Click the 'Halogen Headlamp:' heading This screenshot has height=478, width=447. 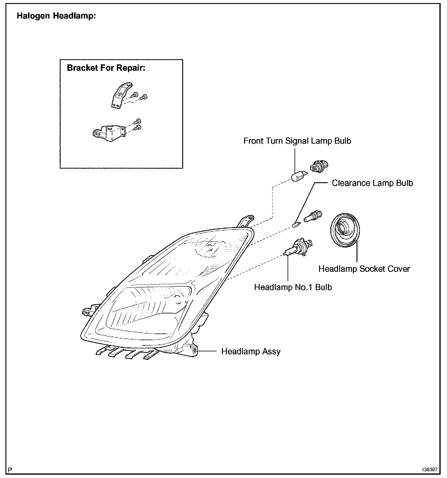(x=56, y=16)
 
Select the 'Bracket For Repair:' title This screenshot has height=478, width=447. (x=106, y=68)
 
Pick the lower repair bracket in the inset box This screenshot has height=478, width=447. (x=109, y=133)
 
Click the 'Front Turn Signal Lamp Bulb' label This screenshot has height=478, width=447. (x=297, y=141)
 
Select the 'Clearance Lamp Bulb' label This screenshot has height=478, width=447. (x=372, y=183)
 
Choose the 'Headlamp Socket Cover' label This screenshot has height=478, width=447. (x=364, y=269)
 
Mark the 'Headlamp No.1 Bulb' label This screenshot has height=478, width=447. (x=293, y=287)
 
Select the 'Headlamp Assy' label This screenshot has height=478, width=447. (x=251, y=351)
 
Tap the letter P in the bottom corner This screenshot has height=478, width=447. (x=10, y=470)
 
